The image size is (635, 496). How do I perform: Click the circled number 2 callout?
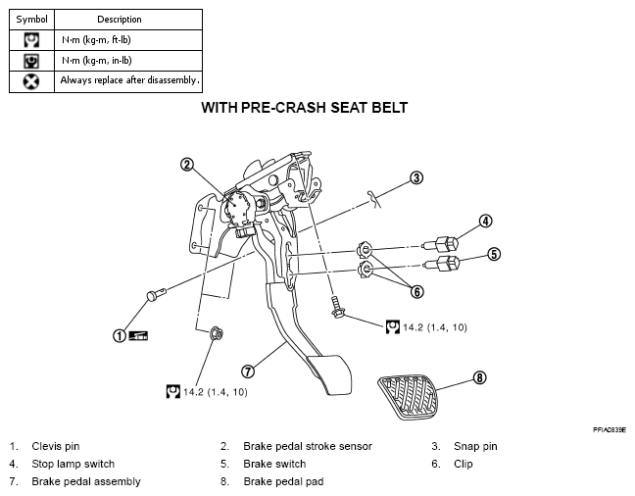coord(187,165)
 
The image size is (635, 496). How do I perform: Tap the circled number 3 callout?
coord(416,177)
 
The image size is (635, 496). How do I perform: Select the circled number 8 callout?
coord(479,377)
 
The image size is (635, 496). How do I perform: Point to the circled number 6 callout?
coord(417,292)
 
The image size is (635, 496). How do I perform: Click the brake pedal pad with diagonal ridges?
coord(408,397)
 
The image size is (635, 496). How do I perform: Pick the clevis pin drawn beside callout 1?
coord(156,294)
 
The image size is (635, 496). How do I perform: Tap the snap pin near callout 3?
coord(374,199)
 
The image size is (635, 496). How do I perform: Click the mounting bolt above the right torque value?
coord(337,307)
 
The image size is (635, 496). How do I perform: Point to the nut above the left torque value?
coord(217,333)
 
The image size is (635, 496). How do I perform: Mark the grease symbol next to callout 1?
coord(138,335)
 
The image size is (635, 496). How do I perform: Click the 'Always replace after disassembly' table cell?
coord(128,81)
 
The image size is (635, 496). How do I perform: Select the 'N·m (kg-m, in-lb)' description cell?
coord(128,61)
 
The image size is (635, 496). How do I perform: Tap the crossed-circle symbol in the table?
coord(31,81)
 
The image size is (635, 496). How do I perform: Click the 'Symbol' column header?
coord(31,20)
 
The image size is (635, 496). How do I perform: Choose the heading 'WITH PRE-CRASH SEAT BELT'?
coord(304,108)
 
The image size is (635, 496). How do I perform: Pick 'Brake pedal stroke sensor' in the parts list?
coord(308,446)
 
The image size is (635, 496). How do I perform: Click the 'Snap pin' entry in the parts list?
coord(475,447)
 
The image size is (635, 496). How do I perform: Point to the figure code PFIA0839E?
coord(610,430)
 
